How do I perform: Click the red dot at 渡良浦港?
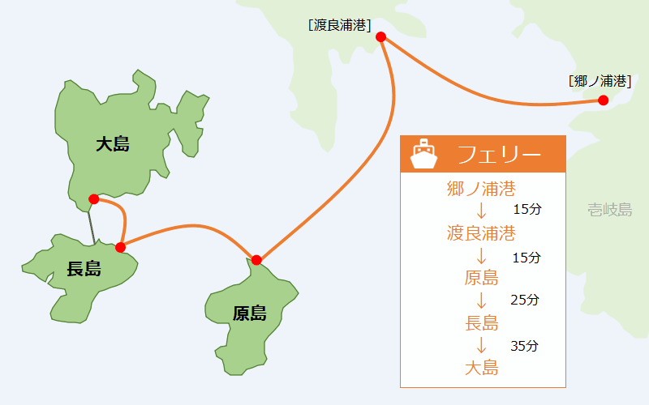coord(380,36)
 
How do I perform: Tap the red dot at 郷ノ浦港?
coord(603,100)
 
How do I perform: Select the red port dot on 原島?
coord(256,260)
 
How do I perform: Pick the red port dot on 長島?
coord(120,248)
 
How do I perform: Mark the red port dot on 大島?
coord(94,199)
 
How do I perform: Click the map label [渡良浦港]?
coord(339,25)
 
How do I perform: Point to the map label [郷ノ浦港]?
coord(600,81)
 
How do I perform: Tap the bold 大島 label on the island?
coord(113,144)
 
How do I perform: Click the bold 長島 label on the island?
coord(84,269)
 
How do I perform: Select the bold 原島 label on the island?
coord(249,313)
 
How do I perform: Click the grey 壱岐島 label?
coord(610,210)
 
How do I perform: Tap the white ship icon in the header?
coord(423,154)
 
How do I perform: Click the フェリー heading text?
coord(499,154)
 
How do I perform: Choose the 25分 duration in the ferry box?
coord(524,300)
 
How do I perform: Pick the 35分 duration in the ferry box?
coord(524,346)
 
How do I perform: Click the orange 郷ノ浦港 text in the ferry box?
coord(481,189)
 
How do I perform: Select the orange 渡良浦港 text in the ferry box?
coord(481,233)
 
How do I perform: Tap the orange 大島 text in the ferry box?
coord(481,368)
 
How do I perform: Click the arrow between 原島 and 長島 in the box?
coord(481,301)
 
